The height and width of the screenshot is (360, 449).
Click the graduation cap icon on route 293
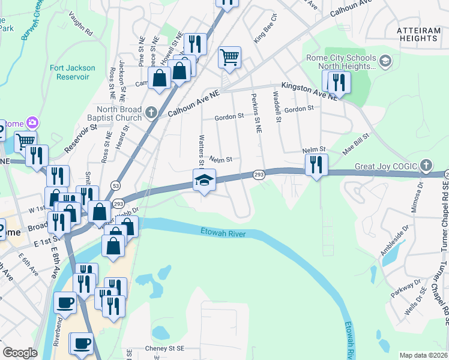pos(204,180)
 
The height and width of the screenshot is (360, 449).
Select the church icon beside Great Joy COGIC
pos(426,164)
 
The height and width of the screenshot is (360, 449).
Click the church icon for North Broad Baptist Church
pos(151,110)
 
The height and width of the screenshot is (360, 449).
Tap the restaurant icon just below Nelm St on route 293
pos(316,164)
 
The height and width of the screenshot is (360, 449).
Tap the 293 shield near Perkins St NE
pos(258,175)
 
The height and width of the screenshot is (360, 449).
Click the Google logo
pos(20,352)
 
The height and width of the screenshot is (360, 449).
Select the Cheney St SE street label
pos(167,348)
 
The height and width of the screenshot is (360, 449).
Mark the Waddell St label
pos(277,103)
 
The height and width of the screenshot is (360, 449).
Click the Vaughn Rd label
pos(80,23)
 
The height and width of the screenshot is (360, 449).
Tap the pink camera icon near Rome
pos(31,122)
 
